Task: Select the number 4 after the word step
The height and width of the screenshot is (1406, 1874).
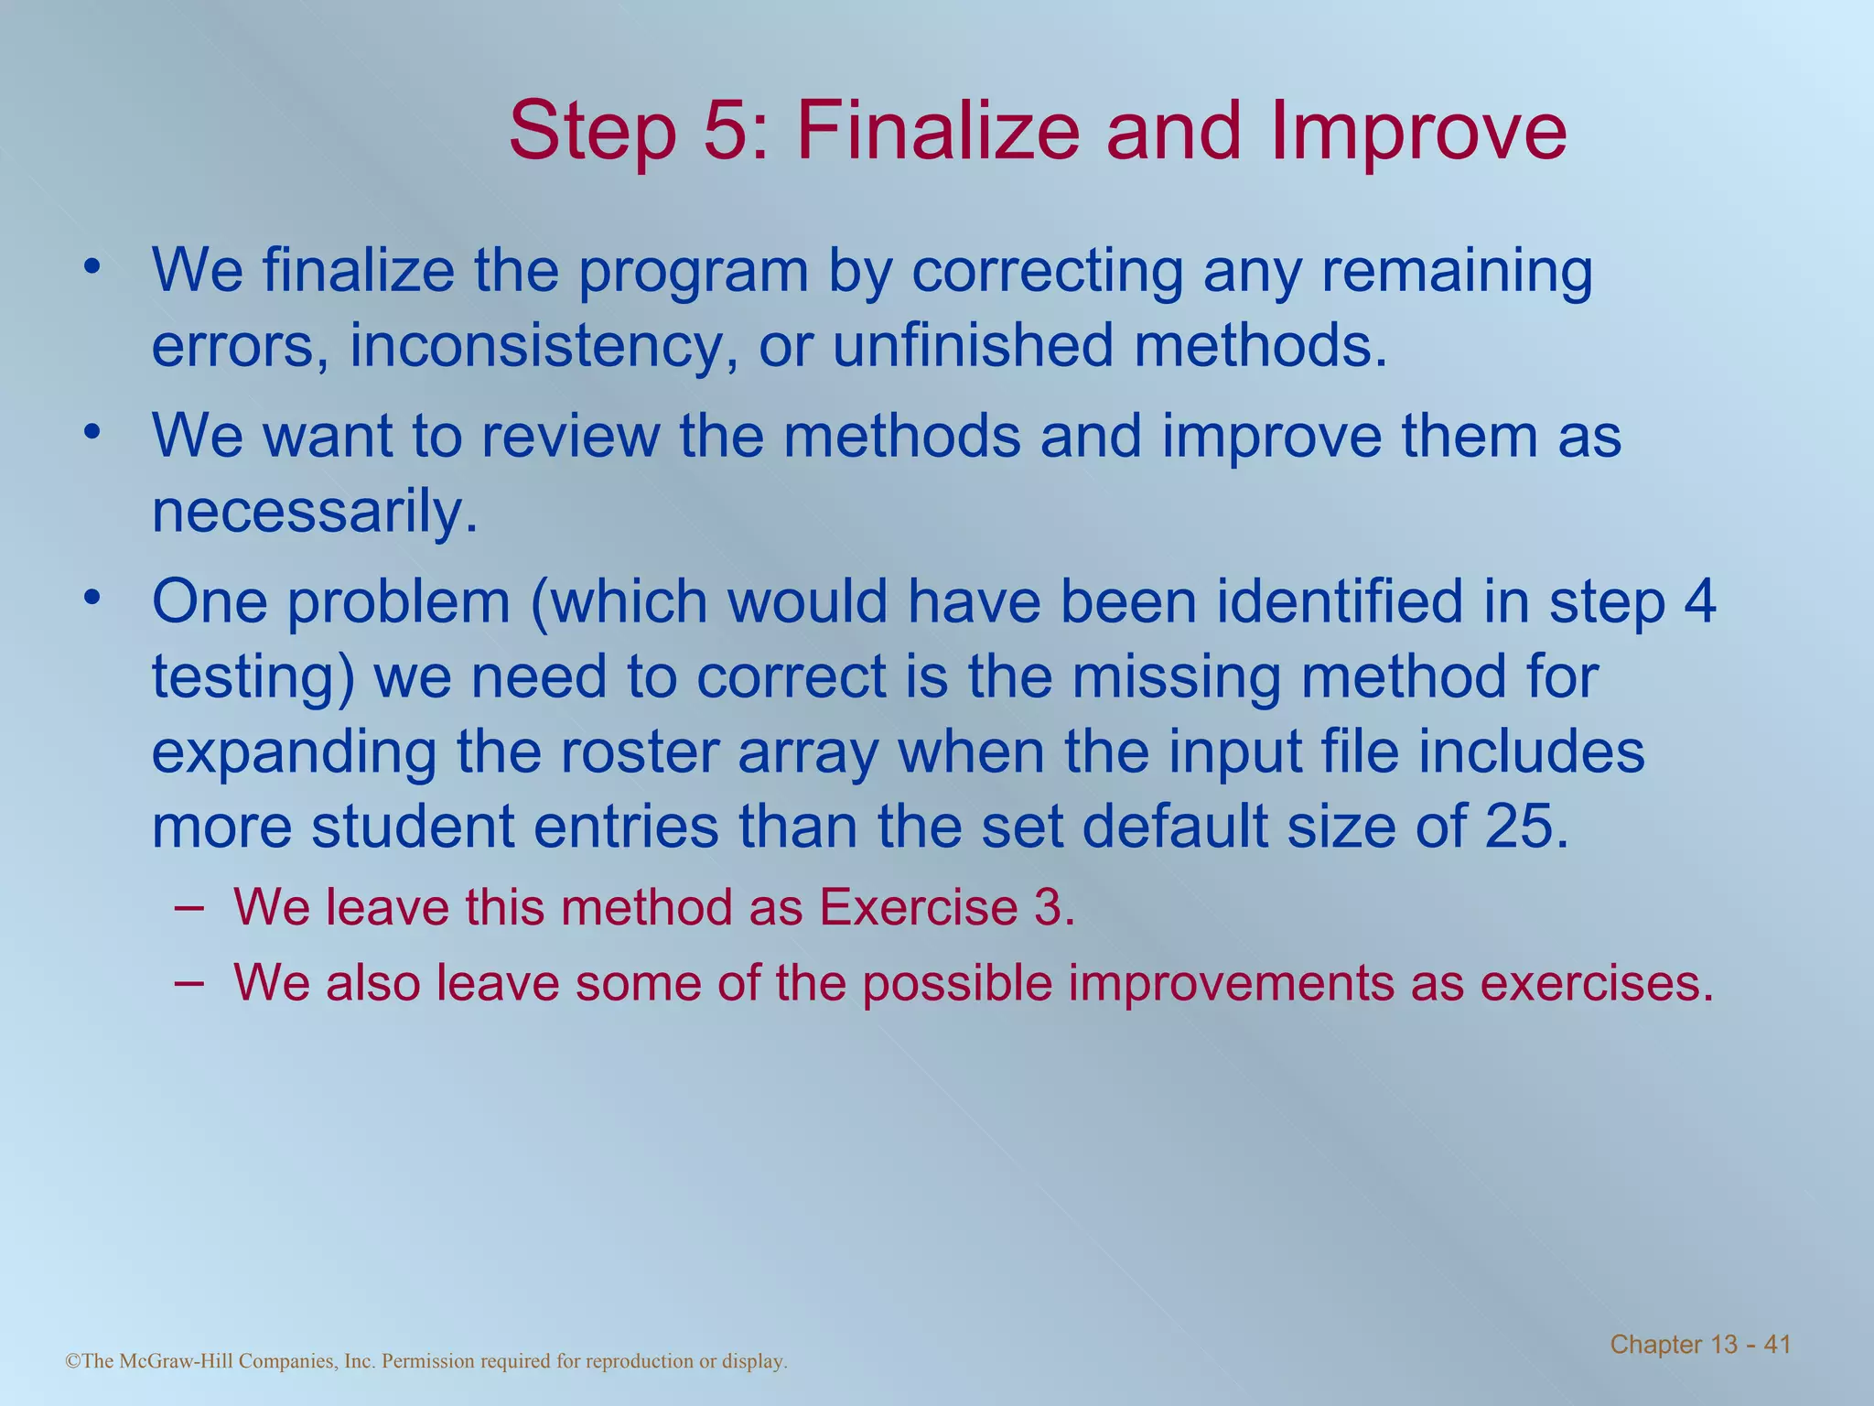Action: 1698,601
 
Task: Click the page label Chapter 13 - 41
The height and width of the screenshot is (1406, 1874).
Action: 1700,1344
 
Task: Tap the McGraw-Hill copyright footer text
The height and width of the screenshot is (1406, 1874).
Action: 426,1361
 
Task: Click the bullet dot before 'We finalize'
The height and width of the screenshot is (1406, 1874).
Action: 91,266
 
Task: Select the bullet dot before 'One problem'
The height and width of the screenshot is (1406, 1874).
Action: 91,598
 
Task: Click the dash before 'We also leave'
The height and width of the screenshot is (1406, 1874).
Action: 187,981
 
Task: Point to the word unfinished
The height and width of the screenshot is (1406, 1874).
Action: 973,345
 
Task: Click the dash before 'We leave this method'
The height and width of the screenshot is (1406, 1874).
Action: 187,906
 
